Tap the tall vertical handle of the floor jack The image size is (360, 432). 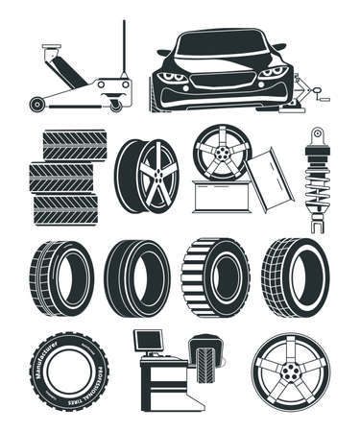tap(123, 48)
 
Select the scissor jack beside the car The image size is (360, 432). tap(313, 95)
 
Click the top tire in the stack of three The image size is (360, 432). tap(75, 144)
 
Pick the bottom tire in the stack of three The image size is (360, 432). tap(65, 208)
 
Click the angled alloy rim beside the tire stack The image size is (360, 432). tap(148, 175)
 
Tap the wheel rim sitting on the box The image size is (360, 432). tap(221, 151)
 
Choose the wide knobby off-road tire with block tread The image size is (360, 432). tap(214, 276)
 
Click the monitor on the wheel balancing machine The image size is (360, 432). tap(147, 340)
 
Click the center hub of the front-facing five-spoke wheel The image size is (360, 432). tap(290, 372)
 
